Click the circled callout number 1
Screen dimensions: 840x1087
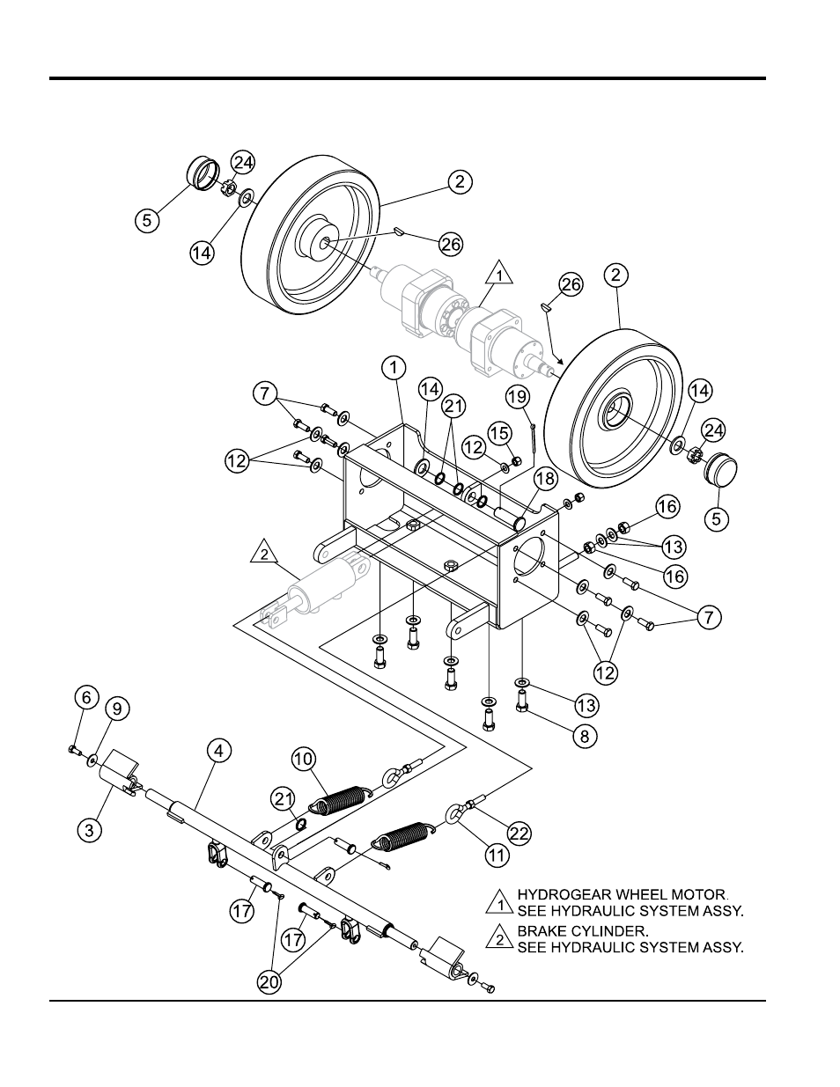pyautogui.click(x=394, y=368)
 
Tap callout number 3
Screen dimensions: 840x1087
pyautogui.click(x=90, y=830)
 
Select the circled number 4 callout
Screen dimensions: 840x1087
pyautogui.click(x=219, y=751)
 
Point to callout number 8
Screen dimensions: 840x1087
pyautogui.click(x=585, y=736)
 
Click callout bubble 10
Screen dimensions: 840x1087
pyautogui.click(x=304, y=759)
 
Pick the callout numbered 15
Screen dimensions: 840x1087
pyautogui.click(x=498, y=433)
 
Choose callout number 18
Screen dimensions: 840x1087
pyautogui.click(x=545, y=479)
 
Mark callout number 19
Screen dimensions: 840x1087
pyautogui.click(x=518, y=397)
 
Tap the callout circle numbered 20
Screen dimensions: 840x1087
pyautogui.click(x=269, y=982)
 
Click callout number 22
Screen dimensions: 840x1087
pyautogui.click(x=519, y=834)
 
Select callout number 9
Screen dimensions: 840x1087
pyautogui.click(x=116, y=709)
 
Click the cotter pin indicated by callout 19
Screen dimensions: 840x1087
pyautogui.click(x=534, y=437)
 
